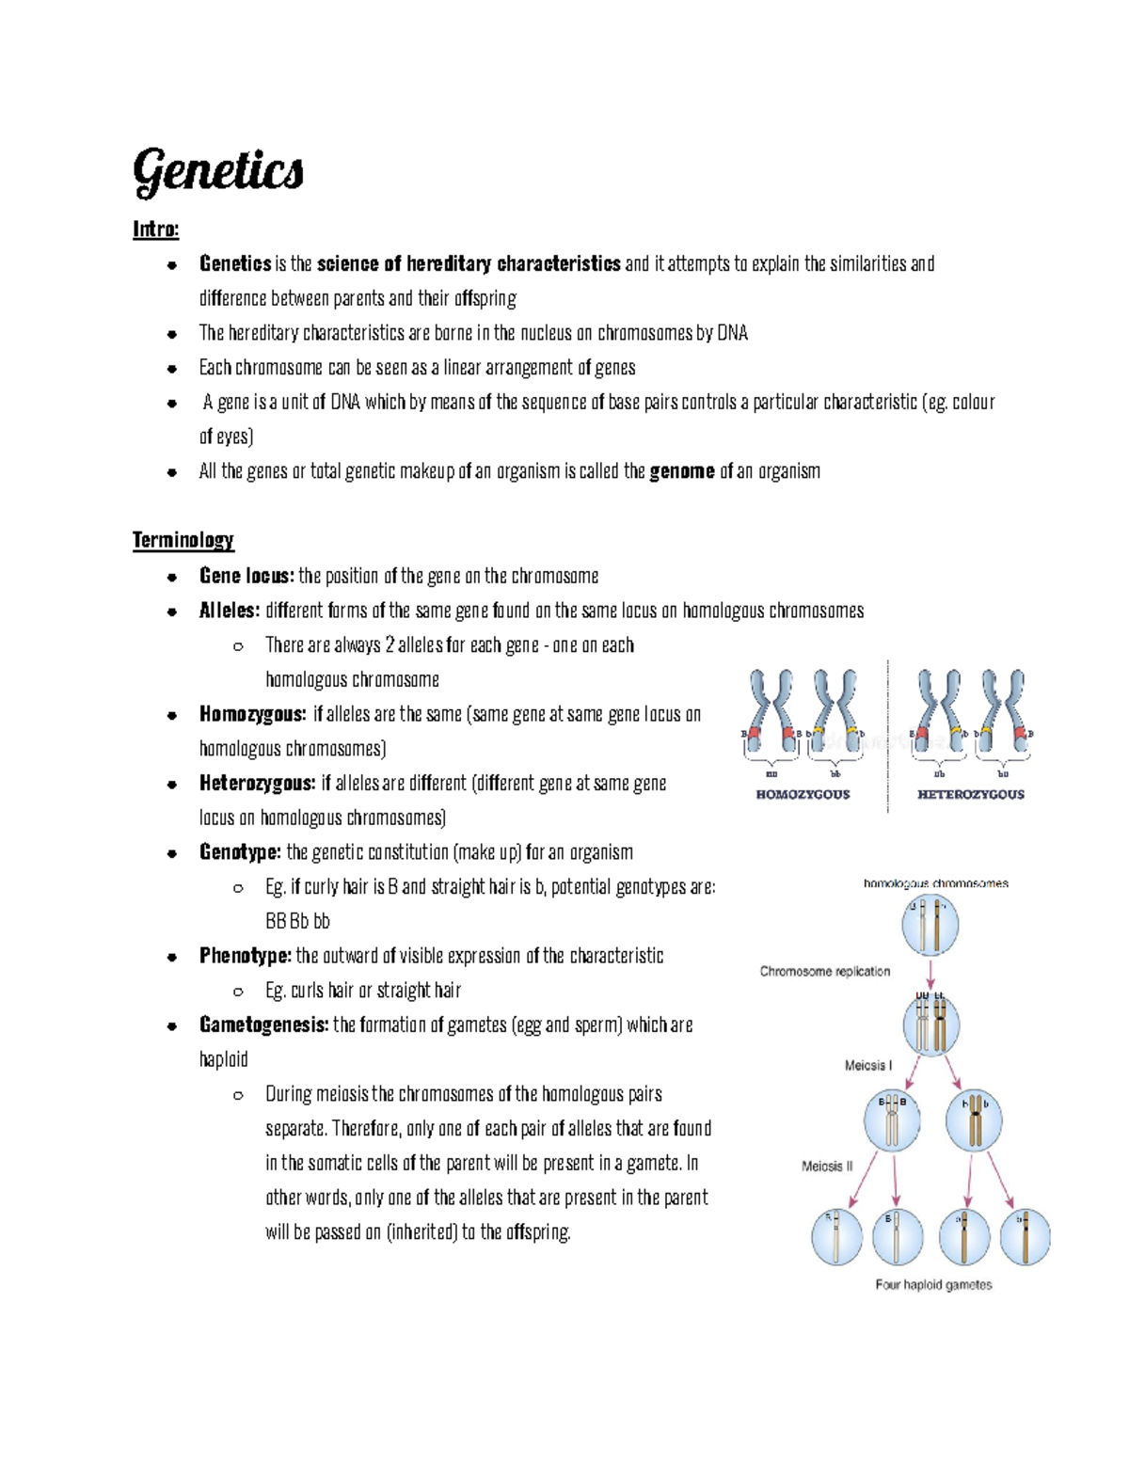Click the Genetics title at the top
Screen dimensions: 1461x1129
tap(217, 172)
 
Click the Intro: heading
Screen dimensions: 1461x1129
tap(155, 230)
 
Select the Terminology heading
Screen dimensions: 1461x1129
tap(183, 540)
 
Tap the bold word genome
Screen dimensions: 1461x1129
tap(682, 471)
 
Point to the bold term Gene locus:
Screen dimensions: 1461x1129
tap(246, 576)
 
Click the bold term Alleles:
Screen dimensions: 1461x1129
tap(229, 611)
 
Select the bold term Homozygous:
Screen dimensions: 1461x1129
tap(252, 714)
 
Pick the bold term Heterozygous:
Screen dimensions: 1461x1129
tap(257, 783)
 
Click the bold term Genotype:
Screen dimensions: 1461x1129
tap(240, 852)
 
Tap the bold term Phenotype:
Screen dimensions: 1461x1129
tap(245, 956)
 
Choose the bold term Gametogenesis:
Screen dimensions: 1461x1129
tap(263, 1024)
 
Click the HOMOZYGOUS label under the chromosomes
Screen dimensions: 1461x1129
tap(803, 794)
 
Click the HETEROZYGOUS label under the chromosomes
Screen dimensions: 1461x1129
tap(970, 794)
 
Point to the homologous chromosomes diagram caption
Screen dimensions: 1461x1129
tap(935, 883)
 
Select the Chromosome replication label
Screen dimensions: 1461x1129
tap(824, 971)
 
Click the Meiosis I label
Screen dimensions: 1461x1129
tap(867, 1065)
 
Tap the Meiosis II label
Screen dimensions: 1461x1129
tap(827, 1166)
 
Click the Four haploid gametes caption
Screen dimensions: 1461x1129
tap(933, 1284)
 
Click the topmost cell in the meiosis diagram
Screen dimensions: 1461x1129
tap(930, 925)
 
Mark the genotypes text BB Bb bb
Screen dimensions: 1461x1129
tap(297, 921)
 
